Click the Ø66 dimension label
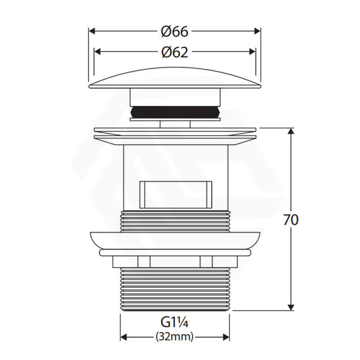(x=175, y=31)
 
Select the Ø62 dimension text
(x=175, y=52)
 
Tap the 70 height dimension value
(x=291, y=220)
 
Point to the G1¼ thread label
(x=175, y=322)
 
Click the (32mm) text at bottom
(x=175, y=337)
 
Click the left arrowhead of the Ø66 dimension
(x=92, y=31)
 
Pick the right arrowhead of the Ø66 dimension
(x=257, y=31)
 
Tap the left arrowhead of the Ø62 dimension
(x=98, y=52)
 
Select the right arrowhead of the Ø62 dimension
(x=252, y=52)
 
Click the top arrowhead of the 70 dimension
(x=291, y=131)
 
